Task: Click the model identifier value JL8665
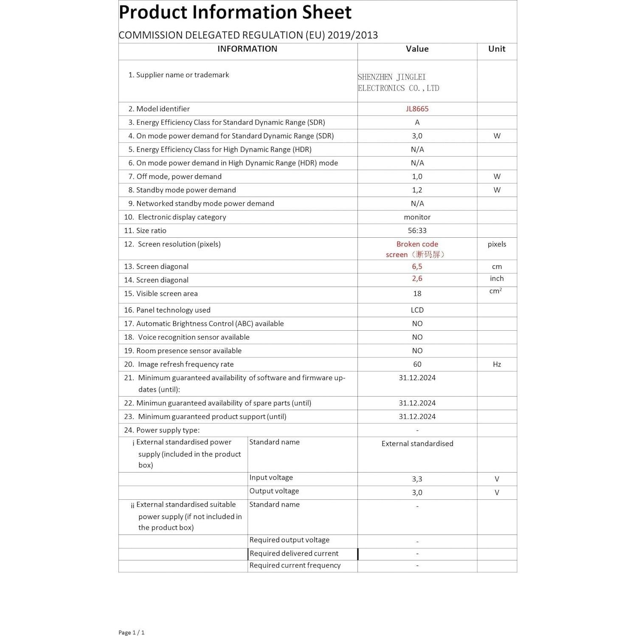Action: coord(417,109)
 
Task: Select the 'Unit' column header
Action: coord(496,49)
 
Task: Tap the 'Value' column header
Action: coord(417,49)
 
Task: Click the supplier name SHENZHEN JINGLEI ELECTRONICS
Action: coord(398,82)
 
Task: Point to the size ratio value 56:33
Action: coord(417,231)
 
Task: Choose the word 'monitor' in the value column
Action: coord(417,217)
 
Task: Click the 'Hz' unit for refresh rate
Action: coord(497,364)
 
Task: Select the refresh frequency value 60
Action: coord(417,364)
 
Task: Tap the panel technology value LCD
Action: coord(417,310)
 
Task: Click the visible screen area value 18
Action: coord(417,293)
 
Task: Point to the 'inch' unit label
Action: coord(497,279)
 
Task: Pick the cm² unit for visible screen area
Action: coord(495,291)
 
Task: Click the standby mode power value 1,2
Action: coord(417,190)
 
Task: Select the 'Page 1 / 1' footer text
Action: coord(131,632)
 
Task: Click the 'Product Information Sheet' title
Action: coord(235,12)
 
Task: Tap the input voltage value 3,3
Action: coord(417,479)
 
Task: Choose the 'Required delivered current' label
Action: coord(294,553)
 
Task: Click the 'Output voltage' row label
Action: coord(274,491)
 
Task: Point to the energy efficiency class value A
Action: coord(417,122)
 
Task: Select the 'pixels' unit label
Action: coord(497,244)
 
